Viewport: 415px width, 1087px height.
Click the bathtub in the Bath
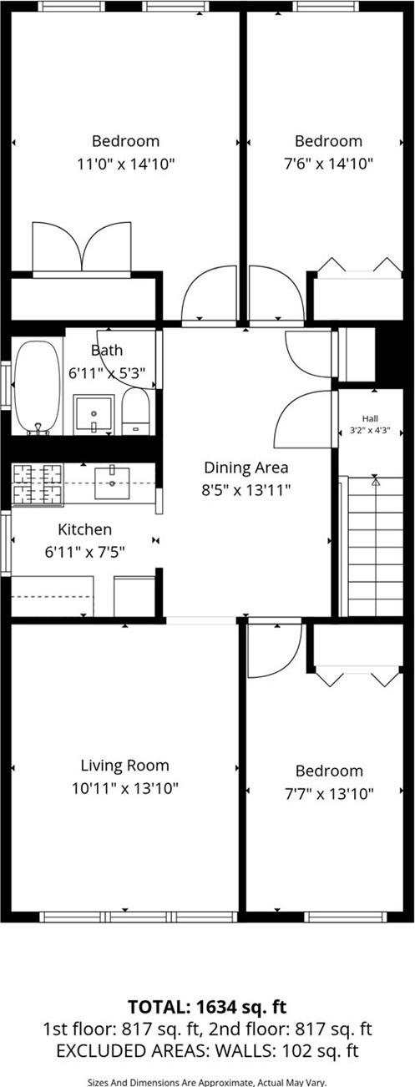37,387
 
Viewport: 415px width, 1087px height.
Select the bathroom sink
94,414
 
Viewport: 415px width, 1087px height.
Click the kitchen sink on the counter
111,483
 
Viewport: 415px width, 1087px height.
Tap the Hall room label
369,418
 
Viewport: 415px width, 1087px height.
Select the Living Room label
124,765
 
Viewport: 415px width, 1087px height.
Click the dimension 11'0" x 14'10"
125,164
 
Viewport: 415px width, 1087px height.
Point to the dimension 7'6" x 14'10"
328,164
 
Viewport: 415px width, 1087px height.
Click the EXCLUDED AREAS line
207,1050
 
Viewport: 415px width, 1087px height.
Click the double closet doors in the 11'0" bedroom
81,248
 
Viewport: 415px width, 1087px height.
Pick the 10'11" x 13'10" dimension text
124,786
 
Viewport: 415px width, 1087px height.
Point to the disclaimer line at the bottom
207,1080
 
